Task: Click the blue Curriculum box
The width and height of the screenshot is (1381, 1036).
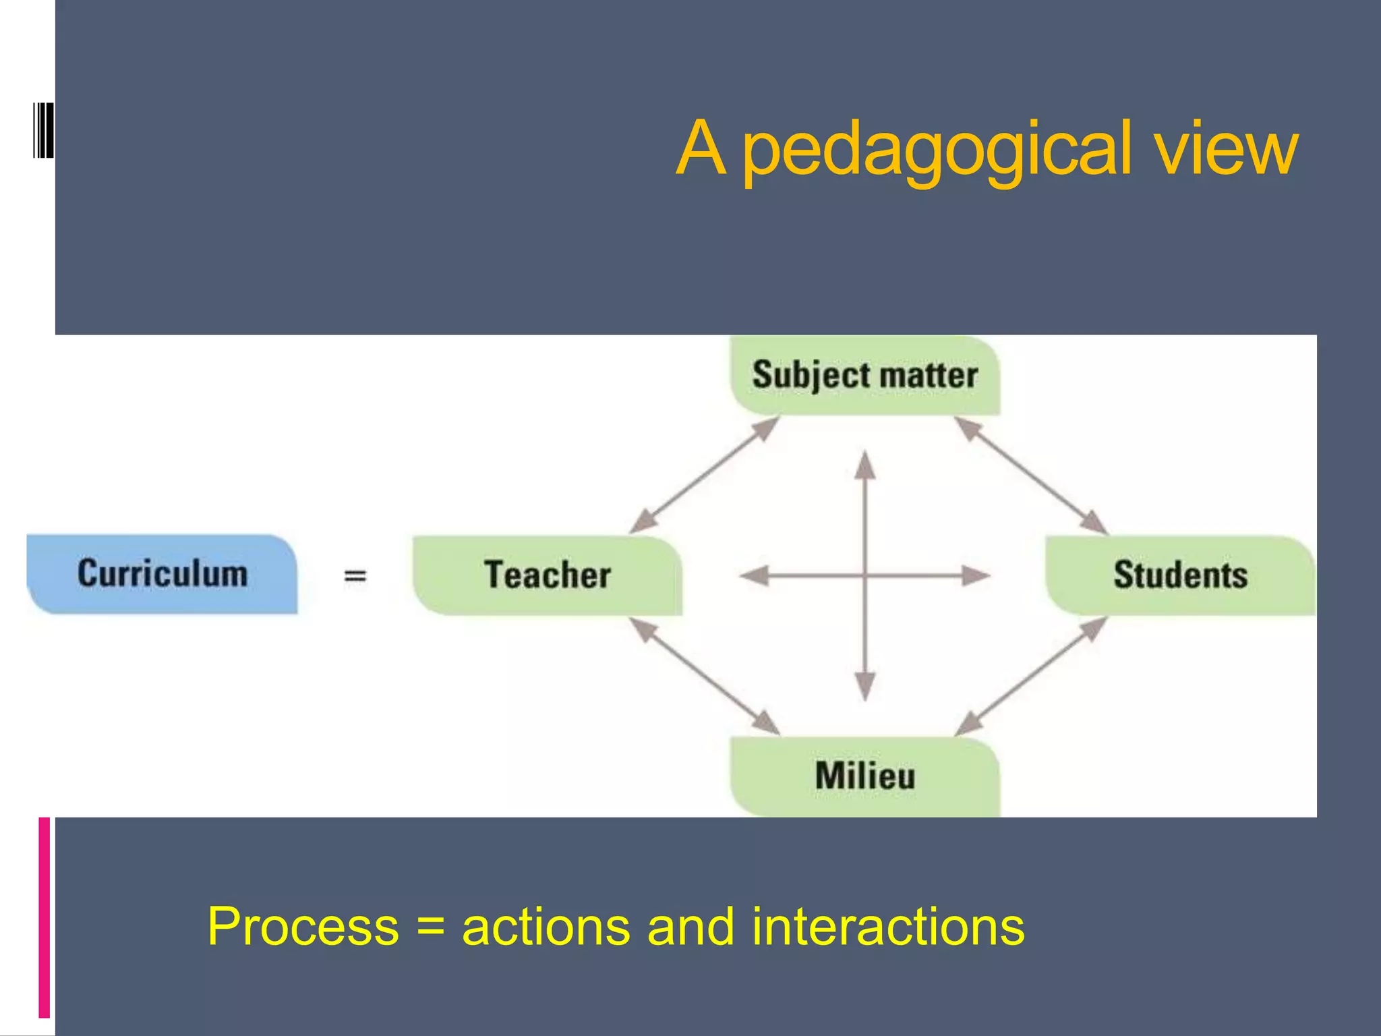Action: [x=162, y=574]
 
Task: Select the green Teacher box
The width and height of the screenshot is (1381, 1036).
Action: [x=547, y=575]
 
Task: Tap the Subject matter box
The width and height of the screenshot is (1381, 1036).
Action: [x=865, y=375]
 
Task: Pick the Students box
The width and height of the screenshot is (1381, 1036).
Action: [x=1180, y=575]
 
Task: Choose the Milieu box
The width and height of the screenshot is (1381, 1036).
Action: [x=865, y=776]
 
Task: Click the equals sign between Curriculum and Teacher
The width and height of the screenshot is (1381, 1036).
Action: [x=355, y=576]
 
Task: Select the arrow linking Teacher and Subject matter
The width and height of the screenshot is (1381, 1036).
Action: [x=704, y=475]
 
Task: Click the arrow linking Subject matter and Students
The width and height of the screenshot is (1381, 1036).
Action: [x=1032, y=475]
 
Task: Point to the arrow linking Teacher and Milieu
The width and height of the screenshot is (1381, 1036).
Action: [x=704, y=677]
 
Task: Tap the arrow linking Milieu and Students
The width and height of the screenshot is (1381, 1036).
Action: [x=1032, y=677]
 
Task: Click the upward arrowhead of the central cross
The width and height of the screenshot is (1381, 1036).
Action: [x=865, y=465]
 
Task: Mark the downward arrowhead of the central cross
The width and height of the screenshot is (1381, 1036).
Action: [x=865, y=686]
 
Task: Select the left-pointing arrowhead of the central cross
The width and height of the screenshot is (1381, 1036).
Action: [x=755, y=575]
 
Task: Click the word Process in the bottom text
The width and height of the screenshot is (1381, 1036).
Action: [x=303, y=927]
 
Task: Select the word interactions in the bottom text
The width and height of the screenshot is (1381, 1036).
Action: [x=888, y=927]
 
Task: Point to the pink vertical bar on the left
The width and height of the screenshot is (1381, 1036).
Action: [x=45, y=917]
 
